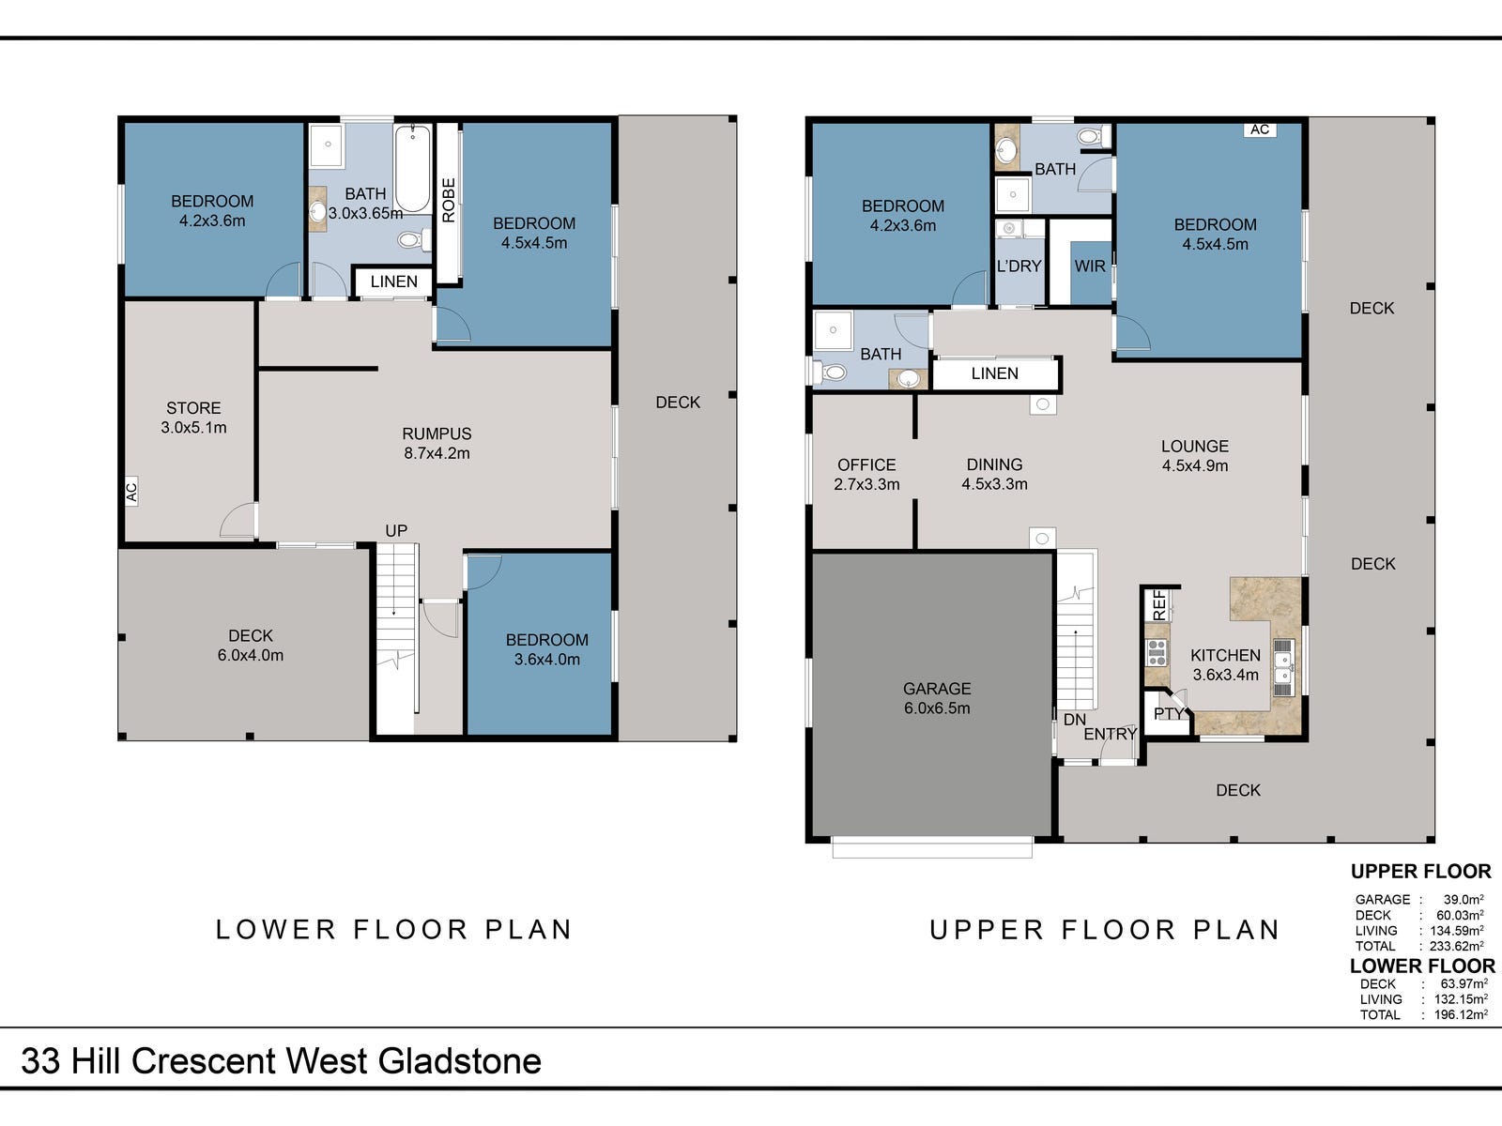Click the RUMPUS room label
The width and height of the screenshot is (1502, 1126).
[x=437, y=434]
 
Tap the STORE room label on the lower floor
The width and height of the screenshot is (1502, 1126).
[x=193, y=408]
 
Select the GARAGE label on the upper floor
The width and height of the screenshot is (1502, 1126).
[x=936, y=689]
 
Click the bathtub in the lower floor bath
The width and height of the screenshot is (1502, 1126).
[x=412, y=169]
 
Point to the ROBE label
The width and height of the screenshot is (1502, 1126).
[x=448, y=200]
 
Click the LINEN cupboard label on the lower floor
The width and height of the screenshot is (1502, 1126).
[x=393, y=281]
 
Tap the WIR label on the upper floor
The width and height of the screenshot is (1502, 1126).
[x=1089, y=266]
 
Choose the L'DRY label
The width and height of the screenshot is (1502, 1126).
[x=1019, y=266]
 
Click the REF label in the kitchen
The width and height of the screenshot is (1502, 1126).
[x=1159, y=604]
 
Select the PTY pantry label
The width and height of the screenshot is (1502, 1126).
[x=1169, y=714]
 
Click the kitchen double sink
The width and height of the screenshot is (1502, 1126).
[x=1283, y=667]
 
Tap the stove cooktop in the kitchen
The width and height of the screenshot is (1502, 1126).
[x=1156, y=651]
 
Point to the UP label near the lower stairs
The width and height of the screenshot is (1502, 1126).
[x=396, y=531]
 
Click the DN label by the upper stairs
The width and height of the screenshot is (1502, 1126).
[x=1074, y=720]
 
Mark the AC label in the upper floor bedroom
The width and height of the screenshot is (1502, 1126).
[x=1259, y=129]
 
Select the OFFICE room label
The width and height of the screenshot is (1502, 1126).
[x=866, y=464]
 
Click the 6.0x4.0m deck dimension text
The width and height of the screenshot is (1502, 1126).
[x=251, y=656]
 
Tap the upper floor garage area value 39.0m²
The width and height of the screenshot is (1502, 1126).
[x=1464, y=899]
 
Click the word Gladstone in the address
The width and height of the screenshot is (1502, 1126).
[x=460, y=1061]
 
